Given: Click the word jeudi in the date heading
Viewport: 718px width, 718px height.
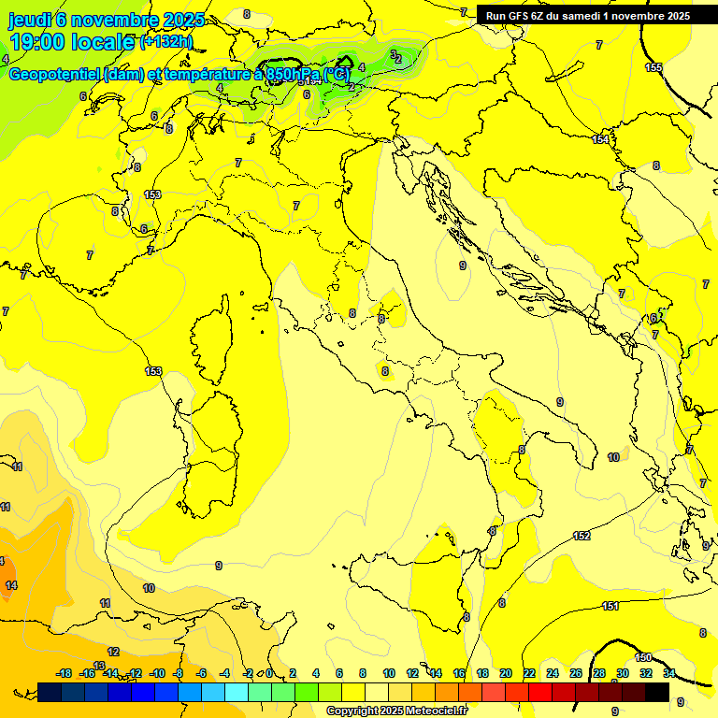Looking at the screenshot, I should coord(31,20).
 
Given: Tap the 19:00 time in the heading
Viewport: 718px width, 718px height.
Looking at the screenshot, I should coord(40,42).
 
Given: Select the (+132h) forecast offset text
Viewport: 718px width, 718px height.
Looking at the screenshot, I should coord(168,42).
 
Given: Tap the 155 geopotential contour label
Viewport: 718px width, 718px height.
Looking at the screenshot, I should coord(653,67).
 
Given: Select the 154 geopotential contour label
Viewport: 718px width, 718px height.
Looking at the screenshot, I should coord(600,139).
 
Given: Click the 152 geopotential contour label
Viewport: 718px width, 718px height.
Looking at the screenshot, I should coord(582,536).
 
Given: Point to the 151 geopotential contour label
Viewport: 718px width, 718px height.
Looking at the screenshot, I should coord(610,606).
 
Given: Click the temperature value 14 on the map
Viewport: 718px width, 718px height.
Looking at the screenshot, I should coord(10,585).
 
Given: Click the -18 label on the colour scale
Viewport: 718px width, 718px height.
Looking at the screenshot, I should coord(65,673).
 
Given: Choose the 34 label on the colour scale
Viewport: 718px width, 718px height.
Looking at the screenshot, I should coord(668,673).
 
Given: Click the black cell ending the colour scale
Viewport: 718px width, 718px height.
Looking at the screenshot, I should coord(657,692).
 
